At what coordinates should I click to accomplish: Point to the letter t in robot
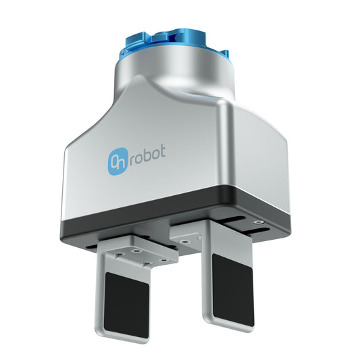[180, 155]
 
